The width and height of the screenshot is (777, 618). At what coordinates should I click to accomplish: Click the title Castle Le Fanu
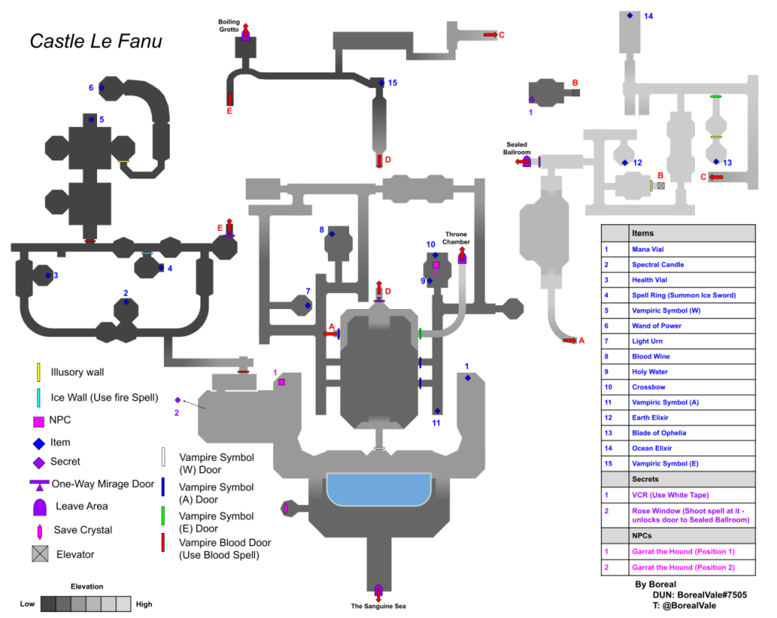click(96, 41)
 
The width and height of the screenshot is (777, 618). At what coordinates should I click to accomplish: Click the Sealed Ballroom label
click(513, 147)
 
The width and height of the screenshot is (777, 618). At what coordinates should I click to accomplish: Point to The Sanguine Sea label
click(378, 606)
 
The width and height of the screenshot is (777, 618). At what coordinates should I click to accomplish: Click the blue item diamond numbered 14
click(630, 15)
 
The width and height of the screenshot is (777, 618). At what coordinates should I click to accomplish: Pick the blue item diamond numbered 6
click(102, 88)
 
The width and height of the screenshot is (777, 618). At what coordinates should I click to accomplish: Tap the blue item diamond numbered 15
click(382, 83)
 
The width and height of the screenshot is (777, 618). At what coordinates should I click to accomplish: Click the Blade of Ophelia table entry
click(659, 433)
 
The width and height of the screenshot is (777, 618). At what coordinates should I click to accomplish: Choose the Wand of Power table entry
click(656, 326)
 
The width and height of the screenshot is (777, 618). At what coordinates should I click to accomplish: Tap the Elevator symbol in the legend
click(40, 554)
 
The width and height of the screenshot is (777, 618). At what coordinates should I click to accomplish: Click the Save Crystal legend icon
click(39, 530)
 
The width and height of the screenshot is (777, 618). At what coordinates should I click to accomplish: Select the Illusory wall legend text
click(77, 372)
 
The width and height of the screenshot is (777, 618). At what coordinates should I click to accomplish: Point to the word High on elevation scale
click(144, 604)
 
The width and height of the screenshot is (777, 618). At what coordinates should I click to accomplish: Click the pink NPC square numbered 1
click(282, 382)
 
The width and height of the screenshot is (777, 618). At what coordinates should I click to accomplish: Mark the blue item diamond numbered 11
click(437, 411)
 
